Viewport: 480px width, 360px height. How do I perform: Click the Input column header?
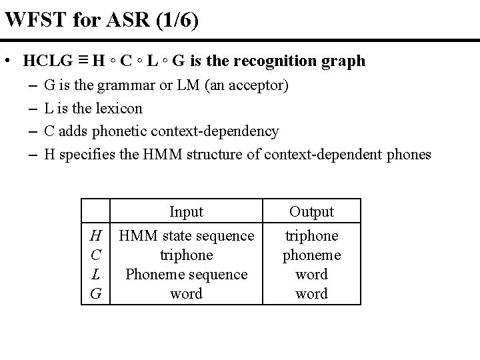[186, 211]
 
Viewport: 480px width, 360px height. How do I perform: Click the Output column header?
[311, 211]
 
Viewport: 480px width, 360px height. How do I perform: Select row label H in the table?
[96, 235]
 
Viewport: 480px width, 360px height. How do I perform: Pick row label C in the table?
[96, 255]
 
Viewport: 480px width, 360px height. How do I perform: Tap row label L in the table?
[96, 274]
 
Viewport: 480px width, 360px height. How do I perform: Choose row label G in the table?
[96, 293]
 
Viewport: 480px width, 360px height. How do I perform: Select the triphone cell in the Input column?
[186, 255]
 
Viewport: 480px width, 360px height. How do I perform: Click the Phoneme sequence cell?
[186, 274]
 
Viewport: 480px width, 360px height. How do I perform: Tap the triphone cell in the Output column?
[311, 235]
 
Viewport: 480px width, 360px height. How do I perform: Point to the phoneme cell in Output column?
[311, 255]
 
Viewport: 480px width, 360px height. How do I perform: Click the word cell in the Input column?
[186, 293]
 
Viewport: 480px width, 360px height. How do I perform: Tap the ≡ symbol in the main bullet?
[81, 61]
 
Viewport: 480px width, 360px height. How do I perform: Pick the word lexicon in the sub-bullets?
[119, 108]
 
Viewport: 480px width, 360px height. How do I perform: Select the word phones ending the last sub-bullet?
[409, 155]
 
